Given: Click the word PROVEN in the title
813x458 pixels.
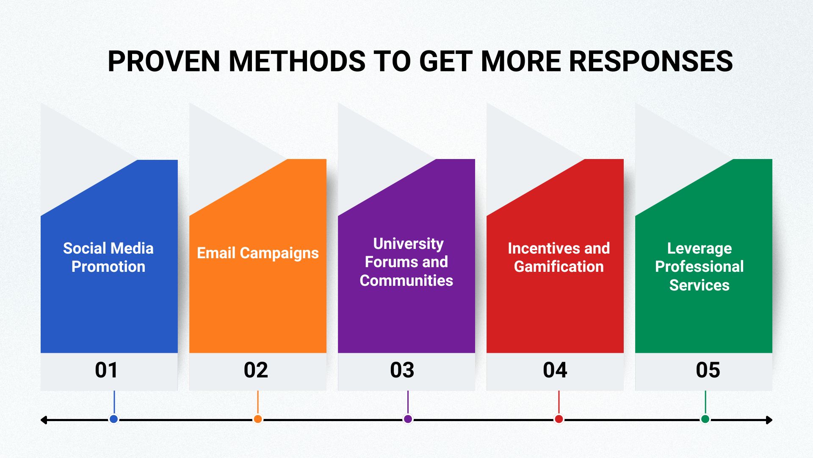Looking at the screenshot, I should pos(163,61).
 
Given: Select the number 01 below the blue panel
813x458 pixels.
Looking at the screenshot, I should pos(106,370).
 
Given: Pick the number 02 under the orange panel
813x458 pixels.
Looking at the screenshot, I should pos(256,370).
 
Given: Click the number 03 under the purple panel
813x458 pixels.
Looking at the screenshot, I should pos(402,370).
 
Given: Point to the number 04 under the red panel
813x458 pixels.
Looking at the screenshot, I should pos(555,370).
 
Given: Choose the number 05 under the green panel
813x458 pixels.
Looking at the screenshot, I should pos(708,370).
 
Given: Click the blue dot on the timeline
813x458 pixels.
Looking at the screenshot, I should pos(113,419).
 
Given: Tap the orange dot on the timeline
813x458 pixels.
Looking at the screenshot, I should pos(257,419).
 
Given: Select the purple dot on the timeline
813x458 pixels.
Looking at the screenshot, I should pos(408,419).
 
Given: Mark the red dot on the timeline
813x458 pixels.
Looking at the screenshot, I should pos(559,419).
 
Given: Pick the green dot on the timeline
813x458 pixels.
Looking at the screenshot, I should pos(705,419).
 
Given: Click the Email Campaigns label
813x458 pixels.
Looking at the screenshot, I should pos(257,253).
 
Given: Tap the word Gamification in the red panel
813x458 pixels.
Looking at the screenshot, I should pos(559,267).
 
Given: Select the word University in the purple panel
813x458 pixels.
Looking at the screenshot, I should pos(408,244).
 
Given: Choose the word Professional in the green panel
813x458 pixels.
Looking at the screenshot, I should pos(699,267).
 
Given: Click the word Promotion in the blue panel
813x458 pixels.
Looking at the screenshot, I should pos(108,267).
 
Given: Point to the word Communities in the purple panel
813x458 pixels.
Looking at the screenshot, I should pos(406,281).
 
